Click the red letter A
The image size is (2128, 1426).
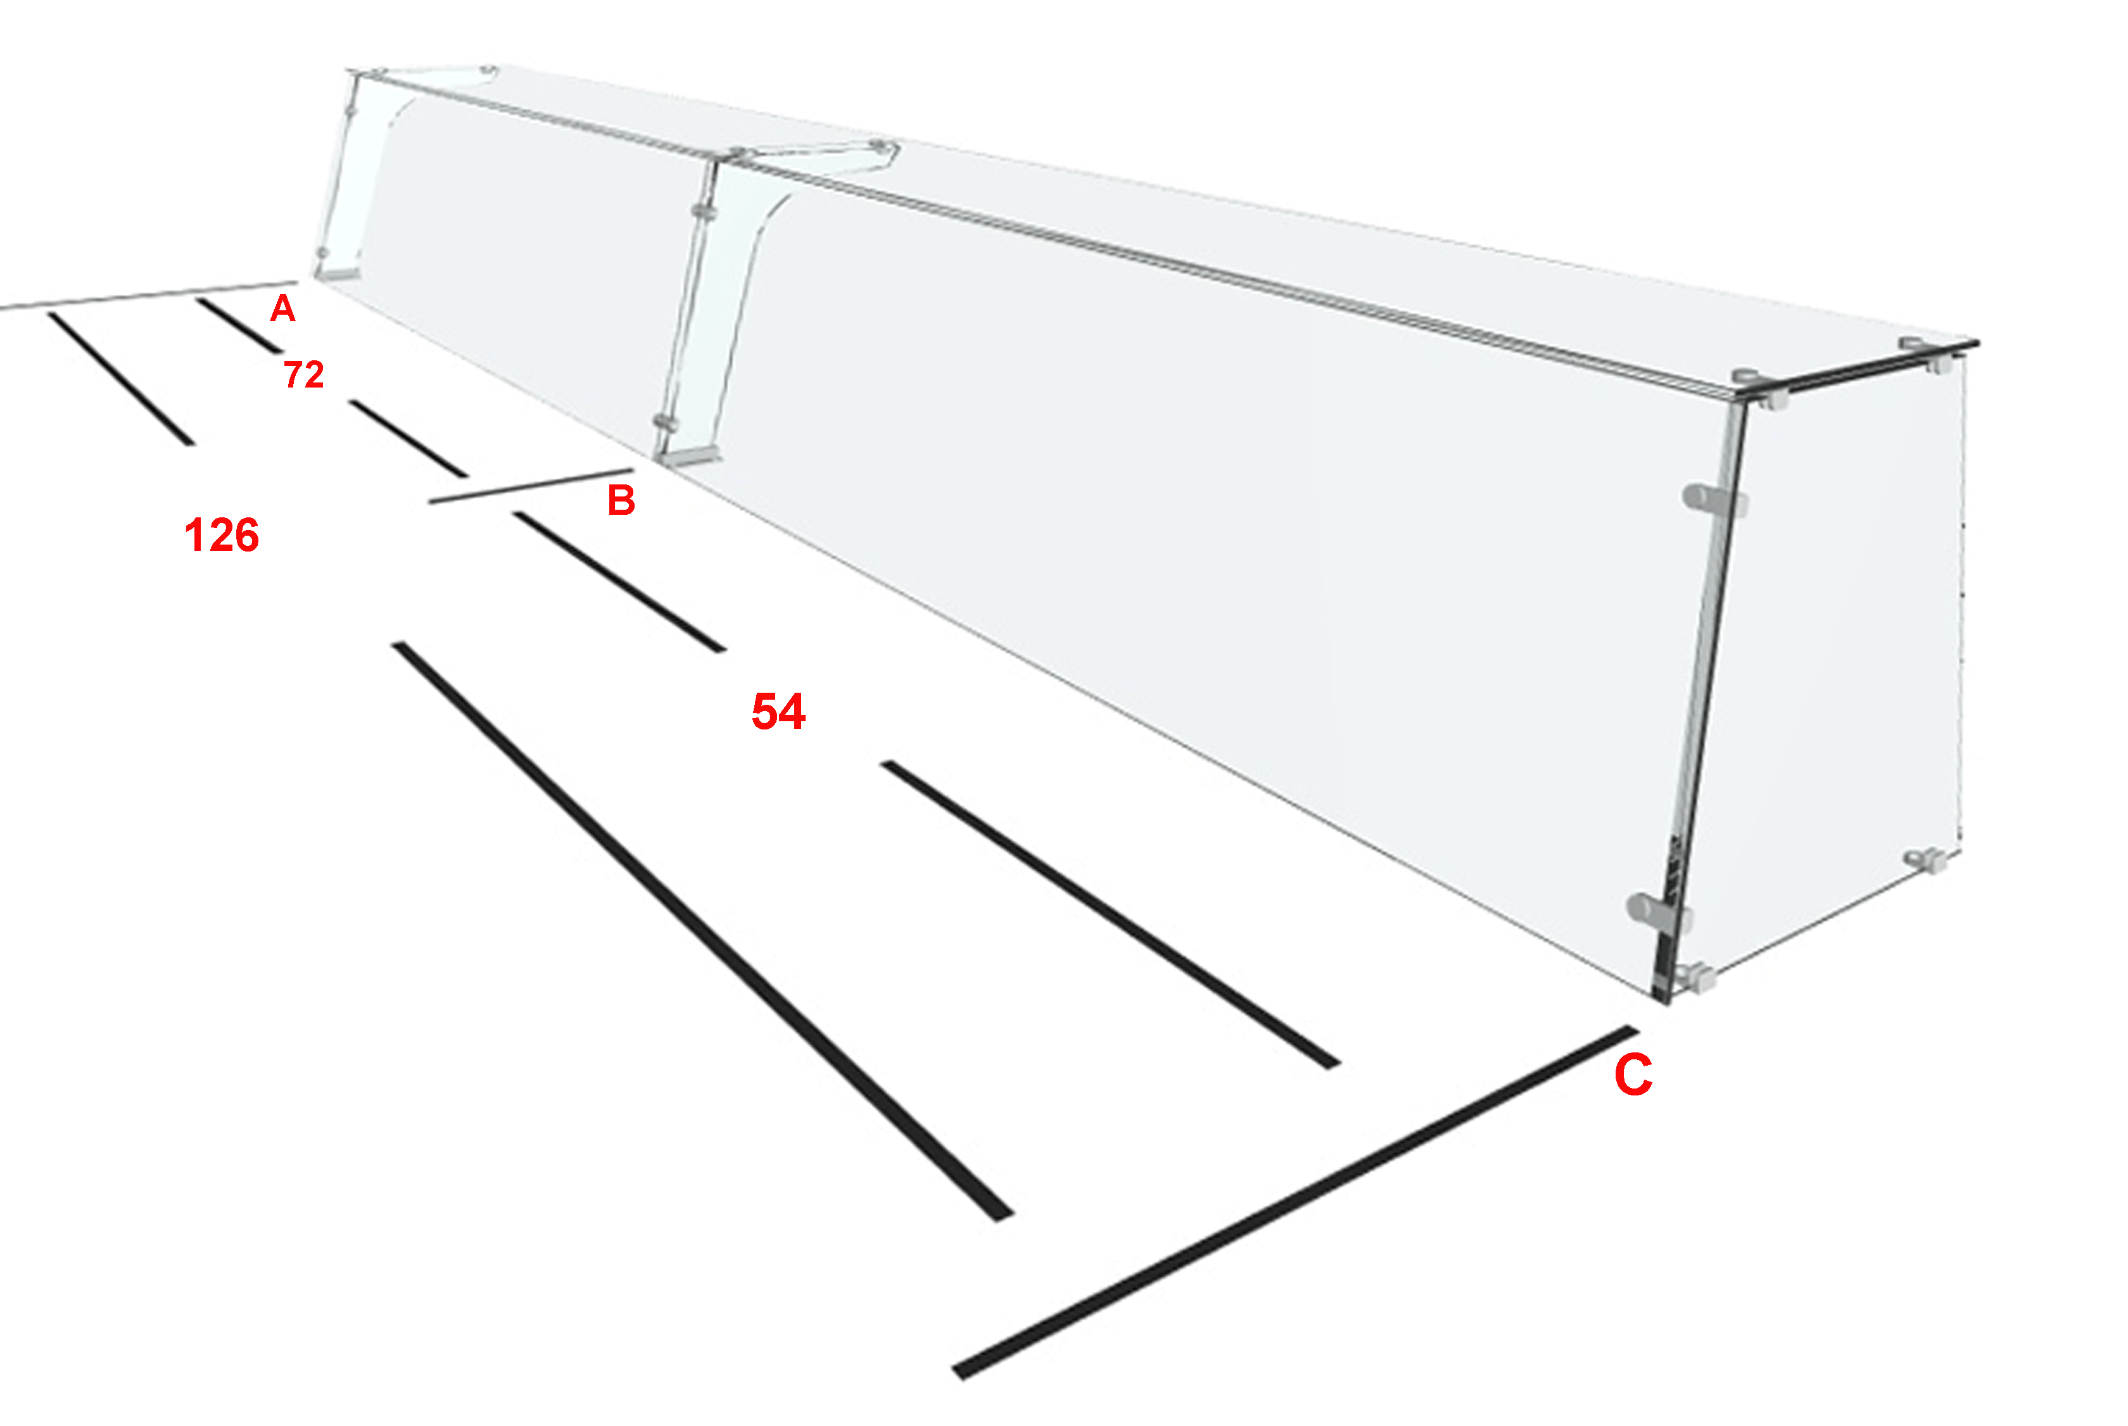click(283, 309)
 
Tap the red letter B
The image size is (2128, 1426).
click(621, 500)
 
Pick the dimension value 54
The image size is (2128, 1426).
click(778, 711)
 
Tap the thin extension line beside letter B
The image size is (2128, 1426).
click(531, 486)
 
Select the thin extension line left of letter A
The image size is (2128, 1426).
click(148, 296)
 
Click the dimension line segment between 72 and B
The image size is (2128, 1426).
click(408, 438)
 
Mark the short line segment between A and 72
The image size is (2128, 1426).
click(239, 325)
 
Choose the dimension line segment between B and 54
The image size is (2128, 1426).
click(620, 582)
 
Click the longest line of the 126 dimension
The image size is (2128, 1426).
click(703, 931)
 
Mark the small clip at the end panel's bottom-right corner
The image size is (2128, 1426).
click(1925, 859)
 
